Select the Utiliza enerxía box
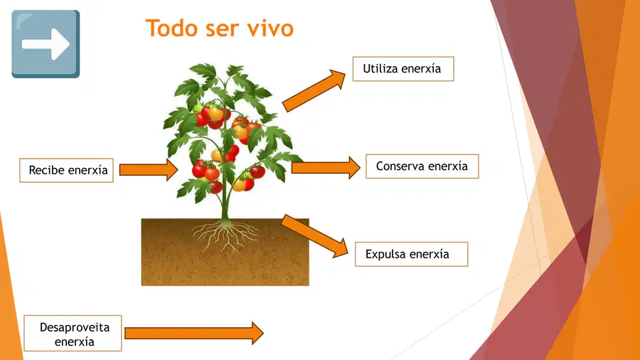click(x=403, y=68)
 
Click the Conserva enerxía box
click(x=422, y=166)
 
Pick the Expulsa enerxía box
click(x=412, y=254)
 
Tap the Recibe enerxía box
click(x=67, y=170)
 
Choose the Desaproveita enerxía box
click(x=73, y=333)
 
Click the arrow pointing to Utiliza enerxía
click(x=314, y=90)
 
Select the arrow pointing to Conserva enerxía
click(x=326, y=167)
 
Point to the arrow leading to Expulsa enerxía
click(x=315, y=236)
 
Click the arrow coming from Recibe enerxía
click(x=149, y=170)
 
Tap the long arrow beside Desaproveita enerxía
click(x=194, y=333)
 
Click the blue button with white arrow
click(x=46, y=44)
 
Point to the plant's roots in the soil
click(x=225, y=235)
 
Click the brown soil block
click(x=225, y=252)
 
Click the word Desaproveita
click(x=75, y=327)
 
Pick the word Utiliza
click(x=380, y=68)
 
